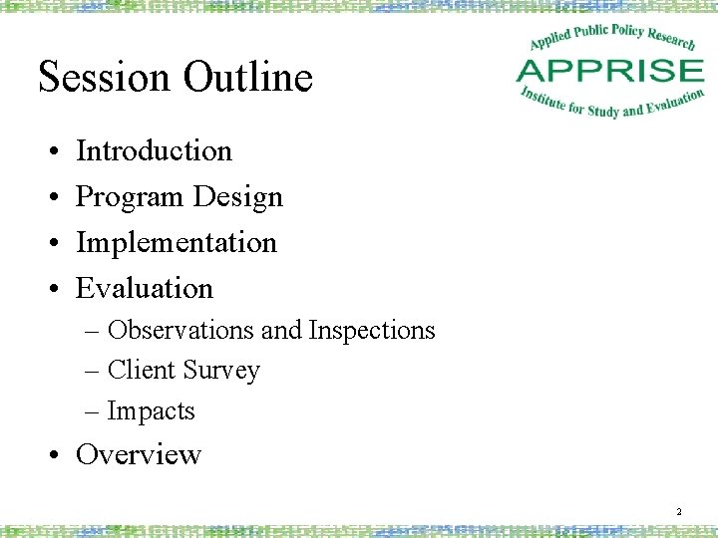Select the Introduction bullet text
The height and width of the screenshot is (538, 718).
pyautogui.click(x=154, y=150)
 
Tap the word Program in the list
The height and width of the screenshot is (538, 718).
pyautogui.click(x=130, y=197)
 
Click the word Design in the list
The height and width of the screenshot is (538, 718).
pyautogui.click(x=238, y=196)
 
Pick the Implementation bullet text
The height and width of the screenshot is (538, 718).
pyautogui.click(x=176, y=242)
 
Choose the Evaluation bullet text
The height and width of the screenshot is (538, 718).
pyautogui.click(x=145, y=288)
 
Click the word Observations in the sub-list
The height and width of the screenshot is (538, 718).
pyautogui.click(x=180, y=330)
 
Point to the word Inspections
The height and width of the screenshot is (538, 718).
pyautogui.click(x=372, y=330)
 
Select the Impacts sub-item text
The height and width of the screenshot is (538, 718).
pyautogui.click(x=151, y=410)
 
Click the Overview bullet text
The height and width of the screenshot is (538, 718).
pyautogui.click(x=139, y=454)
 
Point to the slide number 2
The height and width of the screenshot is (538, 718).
pyautogui.click(x=678, y=512)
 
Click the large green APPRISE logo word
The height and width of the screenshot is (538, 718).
pyautogui.click(x=609, y=71)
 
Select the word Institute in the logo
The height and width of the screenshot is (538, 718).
pyautogui.click(x=540, y=98)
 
